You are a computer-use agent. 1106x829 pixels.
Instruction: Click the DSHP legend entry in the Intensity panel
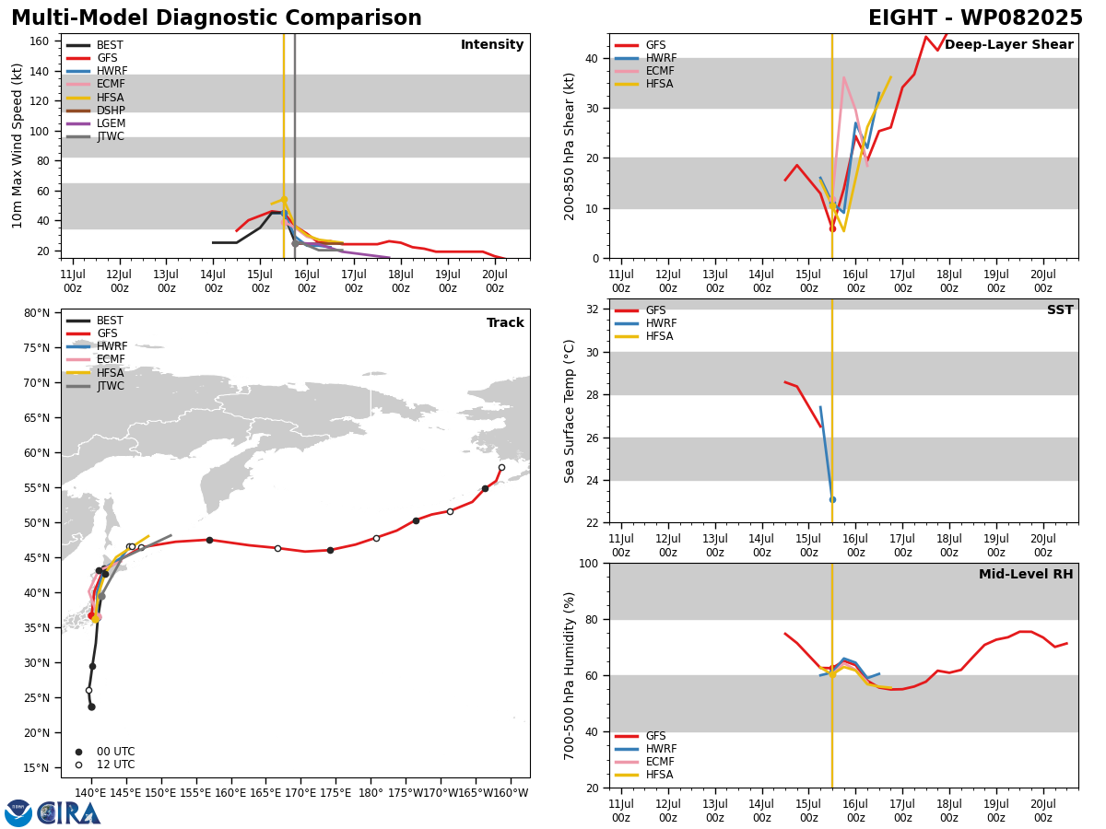coord(95,111)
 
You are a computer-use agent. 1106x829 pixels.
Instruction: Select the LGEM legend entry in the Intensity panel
coord(95,123)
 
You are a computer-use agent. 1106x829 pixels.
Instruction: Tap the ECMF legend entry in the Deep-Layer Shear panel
coord(644,71)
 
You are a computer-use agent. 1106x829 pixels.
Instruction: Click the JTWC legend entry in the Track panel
coord(95,386)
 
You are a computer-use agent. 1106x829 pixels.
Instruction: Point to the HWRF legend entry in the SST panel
coord(645,323)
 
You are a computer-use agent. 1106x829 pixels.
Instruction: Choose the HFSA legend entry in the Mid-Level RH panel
coord(644,775)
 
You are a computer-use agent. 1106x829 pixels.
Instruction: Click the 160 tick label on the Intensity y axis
coord(39,41)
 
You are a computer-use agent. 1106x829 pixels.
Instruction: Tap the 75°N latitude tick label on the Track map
coord(37,348)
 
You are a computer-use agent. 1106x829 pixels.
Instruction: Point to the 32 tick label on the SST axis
coord(592,309)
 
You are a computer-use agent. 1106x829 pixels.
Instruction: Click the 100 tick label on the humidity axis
coord(589,563)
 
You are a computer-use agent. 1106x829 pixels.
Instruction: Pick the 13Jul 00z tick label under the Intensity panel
coord(166,281)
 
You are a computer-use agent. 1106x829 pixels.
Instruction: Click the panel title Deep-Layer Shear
coord(1008,45)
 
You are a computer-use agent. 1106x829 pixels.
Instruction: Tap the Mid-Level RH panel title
coord(1026,574)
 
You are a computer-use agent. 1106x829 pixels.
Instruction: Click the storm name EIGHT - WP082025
coord(975,18)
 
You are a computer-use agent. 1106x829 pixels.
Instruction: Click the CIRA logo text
coord(69,813)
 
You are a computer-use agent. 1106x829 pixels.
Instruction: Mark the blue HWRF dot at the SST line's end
coord(833,500)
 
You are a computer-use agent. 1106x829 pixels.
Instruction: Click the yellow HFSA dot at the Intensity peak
coord(284,200)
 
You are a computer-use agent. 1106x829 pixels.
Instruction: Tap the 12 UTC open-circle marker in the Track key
coord(78,765)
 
